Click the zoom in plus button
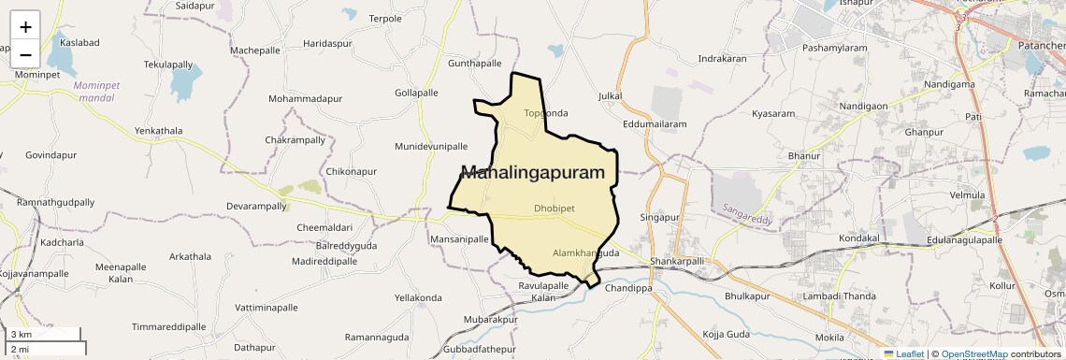(x=25, y=27)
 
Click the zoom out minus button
(x=25, y=54)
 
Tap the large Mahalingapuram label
(x=533, y=172)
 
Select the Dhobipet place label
(x=554, y=208)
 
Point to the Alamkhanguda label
(x=586, y=253)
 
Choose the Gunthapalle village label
(x=475, y=64)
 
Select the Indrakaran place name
(x=722, y=59)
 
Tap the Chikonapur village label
(x=351, y=172)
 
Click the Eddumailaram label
(x=655, y=123)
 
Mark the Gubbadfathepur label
(x=480, y=349)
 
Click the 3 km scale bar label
(x=22, y=335)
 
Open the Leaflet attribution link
(x=903, y=354)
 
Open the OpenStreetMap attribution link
(x=974, y=354)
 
